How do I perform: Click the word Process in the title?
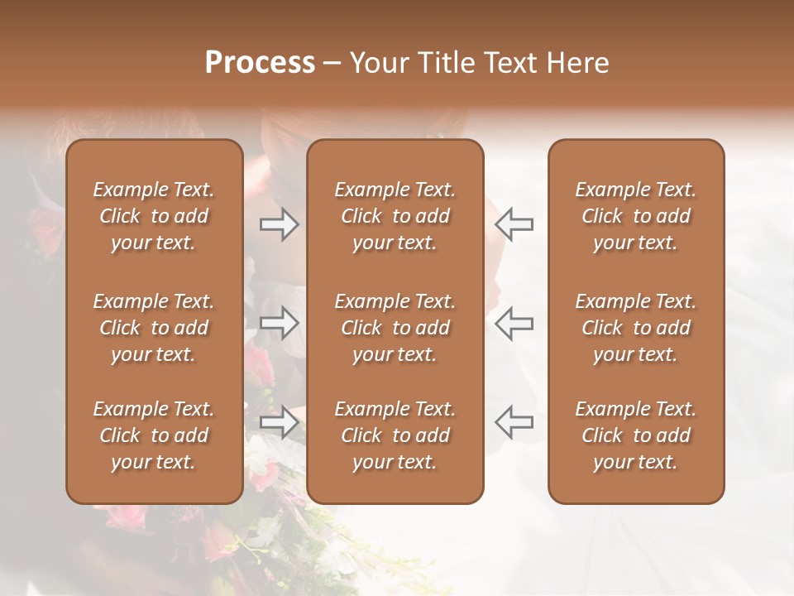[x=260, y=63]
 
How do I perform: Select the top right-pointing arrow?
[x=280, y=224]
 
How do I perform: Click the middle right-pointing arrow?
[x=280, y=323]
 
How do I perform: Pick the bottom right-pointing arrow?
[x=280, y=422]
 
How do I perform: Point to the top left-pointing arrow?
[x=514, y=224]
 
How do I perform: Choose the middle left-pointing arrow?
[x=514, y=323]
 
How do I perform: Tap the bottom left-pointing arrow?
[x=514, y=422]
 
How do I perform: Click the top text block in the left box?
[x=154, y=216]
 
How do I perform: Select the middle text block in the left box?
[x=154, y=328]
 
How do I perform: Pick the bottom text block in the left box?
[x=154, y=435]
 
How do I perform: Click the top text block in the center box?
[x=395, y=216]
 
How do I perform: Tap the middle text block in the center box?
[x=395, y=328]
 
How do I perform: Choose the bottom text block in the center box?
[x=395, y=435]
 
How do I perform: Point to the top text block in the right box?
[x=636, y=216]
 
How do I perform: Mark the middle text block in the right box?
[x=636, y=328]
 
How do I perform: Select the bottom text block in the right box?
[x=636, y=435]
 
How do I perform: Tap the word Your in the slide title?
[x=377, y=63]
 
